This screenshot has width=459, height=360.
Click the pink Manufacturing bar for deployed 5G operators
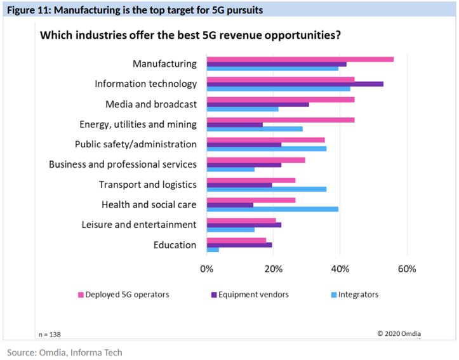pos(300,59)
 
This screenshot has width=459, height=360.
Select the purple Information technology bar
pos(295,84)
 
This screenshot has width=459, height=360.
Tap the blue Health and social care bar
pos(272,209)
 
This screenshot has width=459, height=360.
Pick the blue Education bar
pos(213,250)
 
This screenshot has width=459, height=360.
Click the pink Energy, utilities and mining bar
pos(280,119)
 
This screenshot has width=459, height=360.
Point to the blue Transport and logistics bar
pos(266,189)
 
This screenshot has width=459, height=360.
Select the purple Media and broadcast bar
pos(258,104)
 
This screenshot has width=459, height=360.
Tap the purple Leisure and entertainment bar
pos(244,225)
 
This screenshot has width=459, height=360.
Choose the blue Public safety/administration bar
pos(266,149)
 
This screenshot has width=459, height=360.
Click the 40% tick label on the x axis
pos(340,269)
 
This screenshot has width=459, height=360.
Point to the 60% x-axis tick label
pos(406,269)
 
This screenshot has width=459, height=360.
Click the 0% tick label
pos(206,269)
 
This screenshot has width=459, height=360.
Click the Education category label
pos(175,245)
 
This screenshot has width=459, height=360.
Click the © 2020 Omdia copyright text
pos(399,333)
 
